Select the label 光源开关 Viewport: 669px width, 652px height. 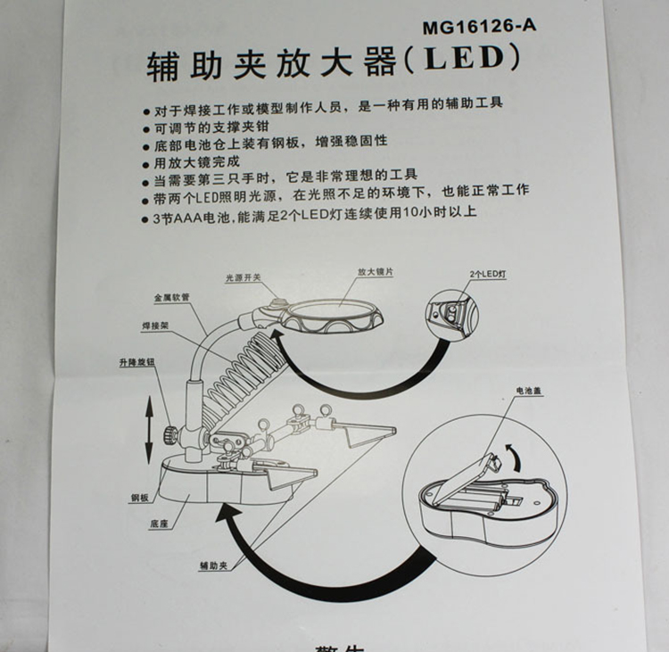(x=244, y=278)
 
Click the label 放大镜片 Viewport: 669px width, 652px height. (x=376, y=271)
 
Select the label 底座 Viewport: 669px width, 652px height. (x=160, y=524)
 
